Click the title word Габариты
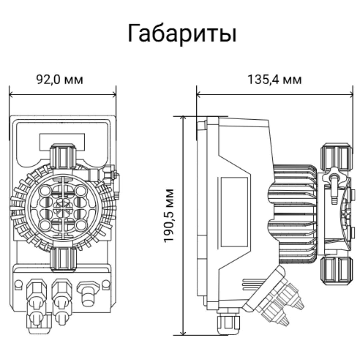click(x=182, y=34)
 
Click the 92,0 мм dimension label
click(x=60, y=79)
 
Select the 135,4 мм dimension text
click(x=275, y=79)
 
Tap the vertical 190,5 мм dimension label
click(x=169, y=215)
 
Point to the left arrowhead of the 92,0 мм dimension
click(x=11, y=94)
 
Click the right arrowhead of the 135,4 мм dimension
click(x=351, y=94)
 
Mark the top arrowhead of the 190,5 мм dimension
click(x=183, y=118)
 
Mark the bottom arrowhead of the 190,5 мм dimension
click(x=183, y=333)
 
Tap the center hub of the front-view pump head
click(x=63, y=208)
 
